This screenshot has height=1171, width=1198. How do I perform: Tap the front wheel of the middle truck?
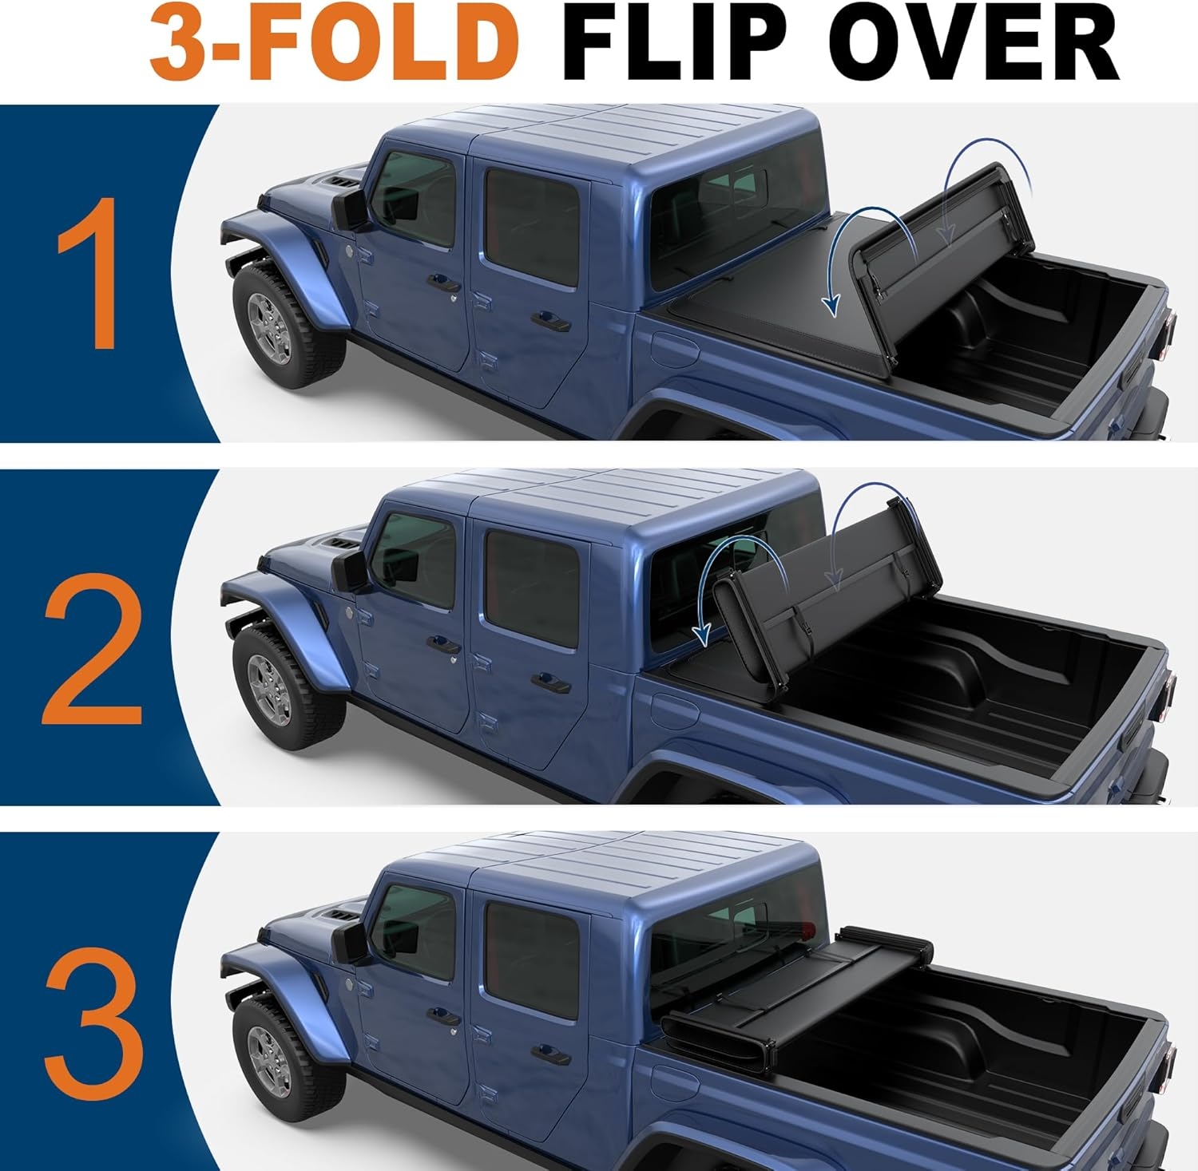272,687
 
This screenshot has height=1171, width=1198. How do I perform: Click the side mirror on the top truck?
350,210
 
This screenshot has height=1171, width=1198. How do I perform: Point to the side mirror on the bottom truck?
350,943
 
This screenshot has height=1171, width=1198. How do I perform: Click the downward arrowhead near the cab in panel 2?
702,635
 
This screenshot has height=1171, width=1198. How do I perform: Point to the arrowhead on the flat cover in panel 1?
832,304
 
